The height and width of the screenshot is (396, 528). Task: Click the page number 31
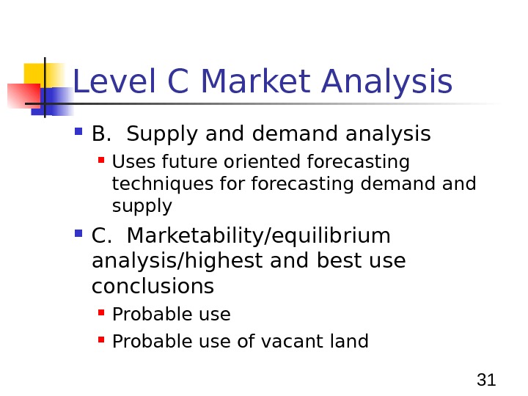pos(486,380)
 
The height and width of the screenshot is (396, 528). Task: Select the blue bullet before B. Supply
pos(79,134)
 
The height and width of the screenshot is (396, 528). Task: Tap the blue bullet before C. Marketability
pos(79,236)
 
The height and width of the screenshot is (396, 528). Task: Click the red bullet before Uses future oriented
pos(102,161)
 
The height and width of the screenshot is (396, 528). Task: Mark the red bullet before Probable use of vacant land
pos(102,341)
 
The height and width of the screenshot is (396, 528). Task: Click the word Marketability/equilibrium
pos(259,238)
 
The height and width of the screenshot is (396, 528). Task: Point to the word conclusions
pos(153,285)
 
